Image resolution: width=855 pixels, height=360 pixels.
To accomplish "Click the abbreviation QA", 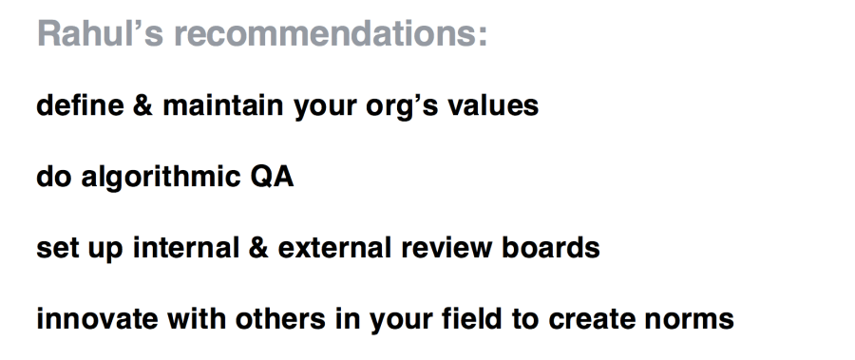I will click(271, 177).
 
